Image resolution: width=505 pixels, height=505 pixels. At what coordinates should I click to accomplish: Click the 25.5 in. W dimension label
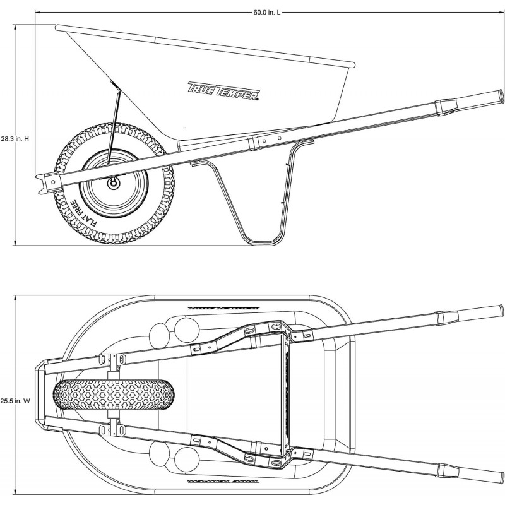[16, 399]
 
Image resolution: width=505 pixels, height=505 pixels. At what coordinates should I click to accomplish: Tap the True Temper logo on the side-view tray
[224, 90]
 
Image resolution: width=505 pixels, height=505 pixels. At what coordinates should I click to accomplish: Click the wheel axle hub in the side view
[114, 182]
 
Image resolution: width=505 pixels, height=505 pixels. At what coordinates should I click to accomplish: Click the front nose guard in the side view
[44, 183]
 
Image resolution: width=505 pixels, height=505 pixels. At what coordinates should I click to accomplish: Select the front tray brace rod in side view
[114, 126]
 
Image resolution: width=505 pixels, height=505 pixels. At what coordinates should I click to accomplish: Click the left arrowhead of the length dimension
[37, 13]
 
